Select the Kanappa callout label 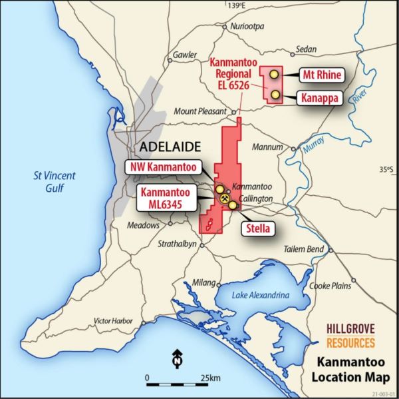[322, 98]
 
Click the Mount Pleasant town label [200, 111]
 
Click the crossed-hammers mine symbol [225, 198]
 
